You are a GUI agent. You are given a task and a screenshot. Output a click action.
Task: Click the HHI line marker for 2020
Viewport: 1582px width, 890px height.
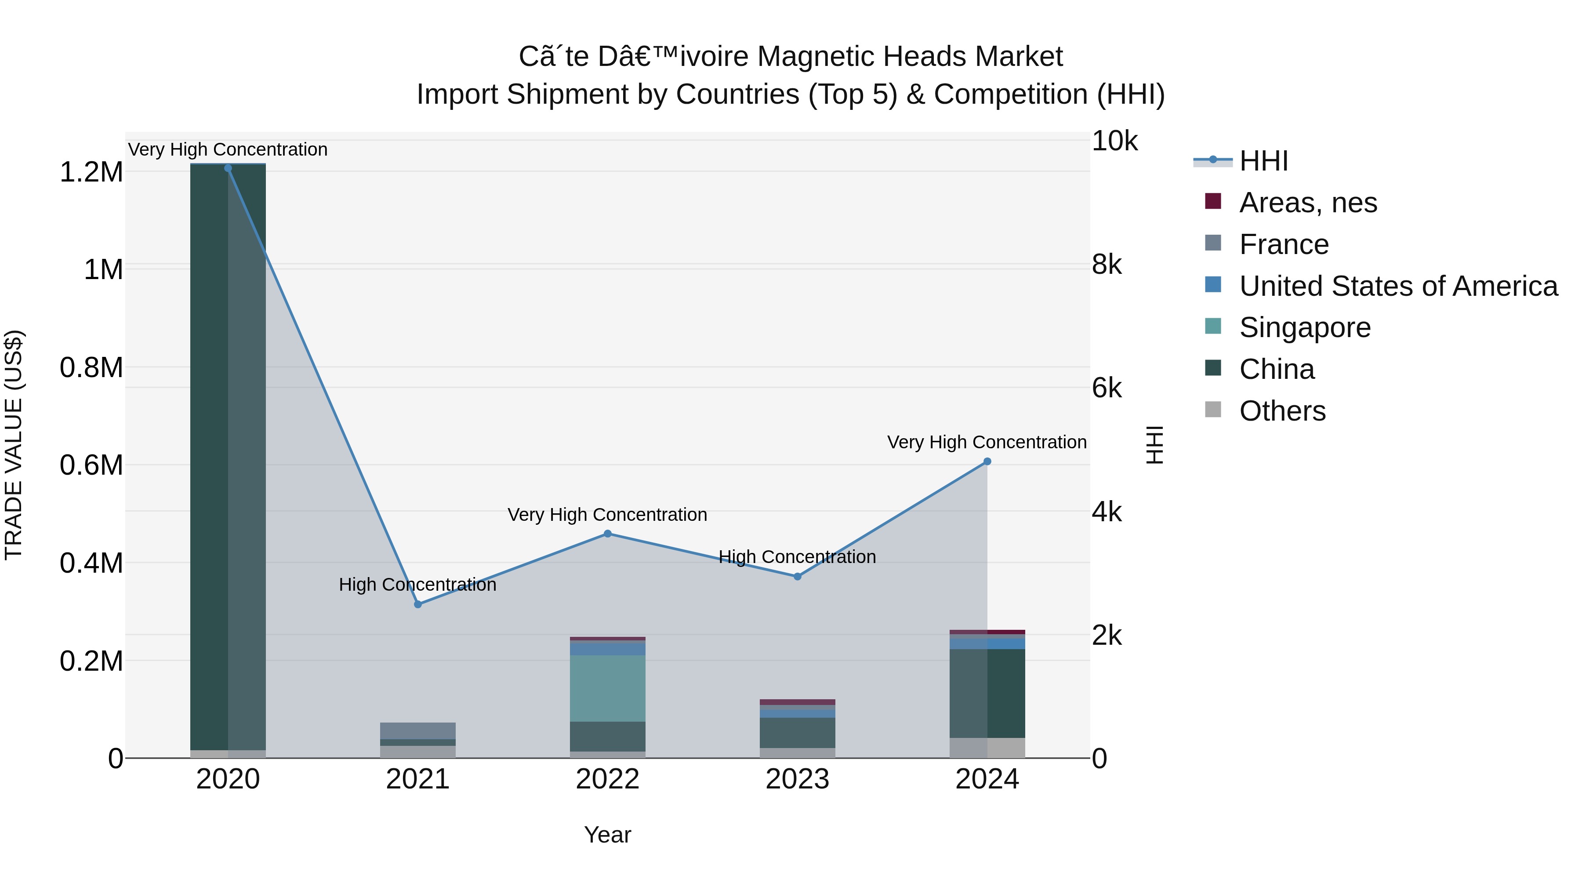[228, 168]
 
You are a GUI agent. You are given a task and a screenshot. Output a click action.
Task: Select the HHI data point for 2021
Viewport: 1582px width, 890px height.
[417, 604]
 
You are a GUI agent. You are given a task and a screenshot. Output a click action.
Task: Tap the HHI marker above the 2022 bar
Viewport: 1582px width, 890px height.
[607, 534]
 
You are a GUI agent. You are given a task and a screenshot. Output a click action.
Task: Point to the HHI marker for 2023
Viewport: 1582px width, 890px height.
[797, 577]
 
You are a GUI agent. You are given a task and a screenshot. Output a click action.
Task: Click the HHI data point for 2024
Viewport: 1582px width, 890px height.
[987, 462]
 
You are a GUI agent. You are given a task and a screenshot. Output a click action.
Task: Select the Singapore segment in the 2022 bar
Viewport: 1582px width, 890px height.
[607, 688]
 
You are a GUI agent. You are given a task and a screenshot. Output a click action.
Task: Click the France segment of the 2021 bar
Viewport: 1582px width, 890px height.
[417, 731]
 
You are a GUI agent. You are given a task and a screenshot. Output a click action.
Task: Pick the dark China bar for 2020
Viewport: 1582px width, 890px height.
[209, 454]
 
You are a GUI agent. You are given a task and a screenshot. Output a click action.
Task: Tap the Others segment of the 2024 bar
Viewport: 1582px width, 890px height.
[987, 748]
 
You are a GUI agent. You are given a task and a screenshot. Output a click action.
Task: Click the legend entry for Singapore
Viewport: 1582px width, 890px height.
[1304, 327]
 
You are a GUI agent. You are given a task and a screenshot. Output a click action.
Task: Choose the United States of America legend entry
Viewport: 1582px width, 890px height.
[1398, 286]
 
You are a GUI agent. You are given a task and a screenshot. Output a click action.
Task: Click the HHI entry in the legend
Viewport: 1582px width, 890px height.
[1263, 161]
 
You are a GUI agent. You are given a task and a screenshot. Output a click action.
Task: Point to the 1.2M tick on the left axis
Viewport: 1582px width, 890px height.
[91, 172]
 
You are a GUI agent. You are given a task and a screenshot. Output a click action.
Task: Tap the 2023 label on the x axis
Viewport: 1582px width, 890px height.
[797, 779]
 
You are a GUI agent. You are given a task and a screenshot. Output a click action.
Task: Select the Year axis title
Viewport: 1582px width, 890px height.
[607, 835]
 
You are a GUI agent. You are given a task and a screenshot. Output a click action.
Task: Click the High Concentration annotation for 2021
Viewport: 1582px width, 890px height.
[417, 585]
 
